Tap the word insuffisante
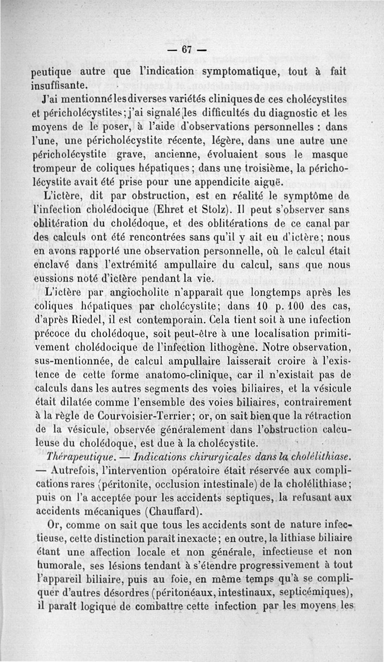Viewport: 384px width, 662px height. (58, 86)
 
